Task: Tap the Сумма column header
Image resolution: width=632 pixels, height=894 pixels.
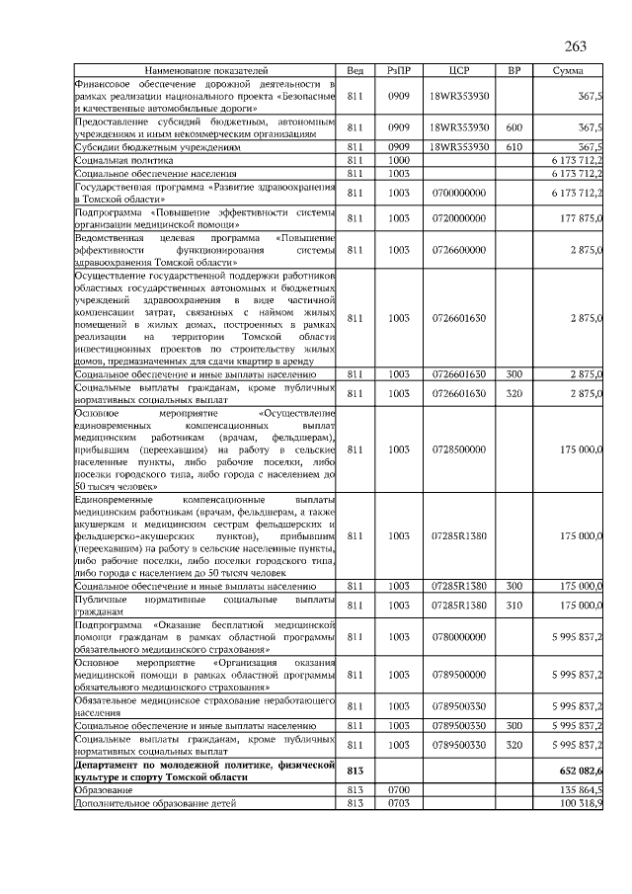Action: point(567,72)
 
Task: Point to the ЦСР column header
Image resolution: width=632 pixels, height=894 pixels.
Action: point(458,72)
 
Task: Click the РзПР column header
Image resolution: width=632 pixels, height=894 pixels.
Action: point(399,72)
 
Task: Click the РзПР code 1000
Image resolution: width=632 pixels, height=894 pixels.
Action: point(399,159)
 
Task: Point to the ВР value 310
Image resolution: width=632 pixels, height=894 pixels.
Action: point(513,605)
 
